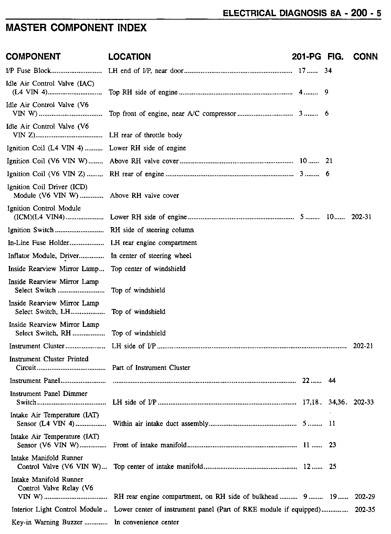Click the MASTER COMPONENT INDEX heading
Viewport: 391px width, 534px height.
(76, 28)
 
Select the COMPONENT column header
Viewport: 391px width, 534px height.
(33, 56)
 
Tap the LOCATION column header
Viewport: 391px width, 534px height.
(129, 57)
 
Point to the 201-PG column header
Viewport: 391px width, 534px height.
(306, 57)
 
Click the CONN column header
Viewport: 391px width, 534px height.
(365, 57)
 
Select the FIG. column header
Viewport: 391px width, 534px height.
(335, 57)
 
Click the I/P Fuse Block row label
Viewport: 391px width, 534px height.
(29, 71)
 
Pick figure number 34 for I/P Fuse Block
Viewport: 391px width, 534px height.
(328, 71)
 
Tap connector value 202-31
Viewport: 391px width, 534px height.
(361, 217)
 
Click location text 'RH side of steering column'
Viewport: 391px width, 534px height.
(152, 230)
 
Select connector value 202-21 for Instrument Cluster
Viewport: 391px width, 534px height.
(363, 346)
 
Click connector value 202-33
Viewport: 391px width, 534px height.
(363, 402)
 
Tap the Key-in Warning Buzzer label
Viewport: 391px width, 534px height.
(47, 522)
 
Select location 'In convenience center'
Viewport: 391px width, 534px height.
(147, 522)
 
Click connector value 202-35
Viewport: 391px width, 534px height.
(365, 510)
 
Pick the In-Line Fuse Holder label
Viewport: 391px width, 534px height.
(39, 243)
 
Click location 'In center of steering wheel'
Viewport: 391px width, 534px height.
(151, 256)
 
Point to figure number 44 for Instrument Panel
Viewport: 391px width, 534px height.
(332, 381)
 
